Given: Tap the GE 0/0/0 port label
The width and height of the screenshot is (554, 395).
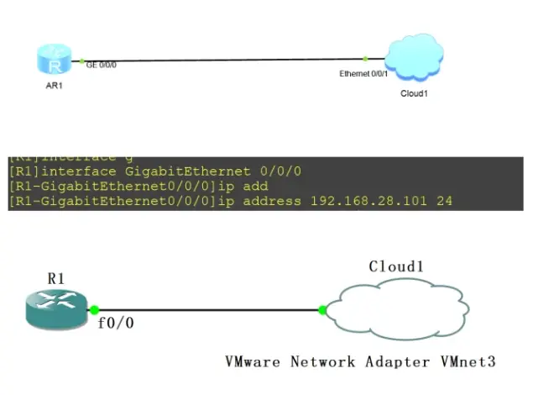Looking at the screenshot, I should pos(101,63).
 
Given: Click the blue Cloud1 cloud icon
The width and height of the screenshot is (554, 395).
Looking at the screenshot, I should pos(414,57).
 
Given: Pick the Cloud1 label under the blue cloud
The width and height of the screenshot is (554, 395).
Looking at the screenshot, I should pos(414,93).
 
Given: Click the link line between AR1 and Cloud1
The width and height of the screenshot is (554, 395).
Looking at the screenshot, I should pos(227,60).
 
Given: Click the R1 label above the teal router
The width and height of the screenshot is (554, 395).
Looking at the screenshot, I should pos(55,278).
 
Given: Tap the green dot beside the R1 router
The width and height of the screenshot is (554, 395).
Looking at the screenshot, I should pos(95,310).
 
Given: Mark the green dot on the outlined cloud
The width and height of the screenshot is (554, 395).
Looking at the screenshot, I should pos(322,310).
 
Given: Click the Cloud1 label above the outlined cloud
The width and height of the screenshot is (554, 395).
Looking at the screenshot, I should pos(396,266).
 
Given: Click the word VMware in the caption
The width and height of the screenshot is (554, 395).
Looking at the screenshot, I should pos(253,362).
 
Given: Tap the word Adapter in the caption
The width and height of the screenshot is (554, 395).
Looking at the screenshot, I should pos(394,362).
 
